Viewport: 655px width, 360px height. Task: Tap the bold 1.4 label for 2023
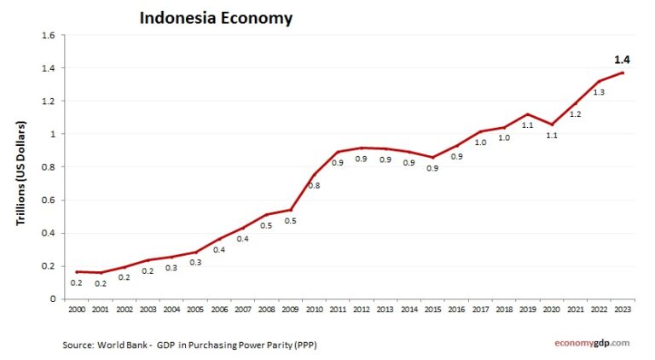623,60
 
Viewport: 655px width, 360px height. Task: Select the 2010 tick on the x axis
313,310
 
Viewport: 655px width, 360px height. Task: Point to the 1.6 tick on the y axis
48,36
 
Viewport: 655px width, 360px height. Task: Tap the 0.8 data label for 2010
314,185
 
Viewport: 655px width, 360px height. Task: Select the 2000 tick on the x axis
77,310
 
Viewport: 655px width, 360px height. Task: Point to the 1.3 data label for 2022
599,92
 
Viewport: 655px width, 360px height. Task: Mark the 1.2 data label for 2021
575,113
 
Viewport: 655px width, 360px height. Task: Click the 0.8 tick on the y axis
48,167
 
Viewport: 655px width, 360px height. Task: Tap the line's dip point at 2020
552,125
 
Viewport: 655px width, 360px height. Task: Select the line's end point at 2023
623,73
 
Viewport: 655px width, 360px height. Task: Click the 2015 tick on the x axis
432,310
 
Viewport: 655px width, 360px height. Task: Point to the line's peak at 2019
528,114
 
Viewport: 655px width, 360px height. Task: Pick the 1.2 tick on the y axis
48,102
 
